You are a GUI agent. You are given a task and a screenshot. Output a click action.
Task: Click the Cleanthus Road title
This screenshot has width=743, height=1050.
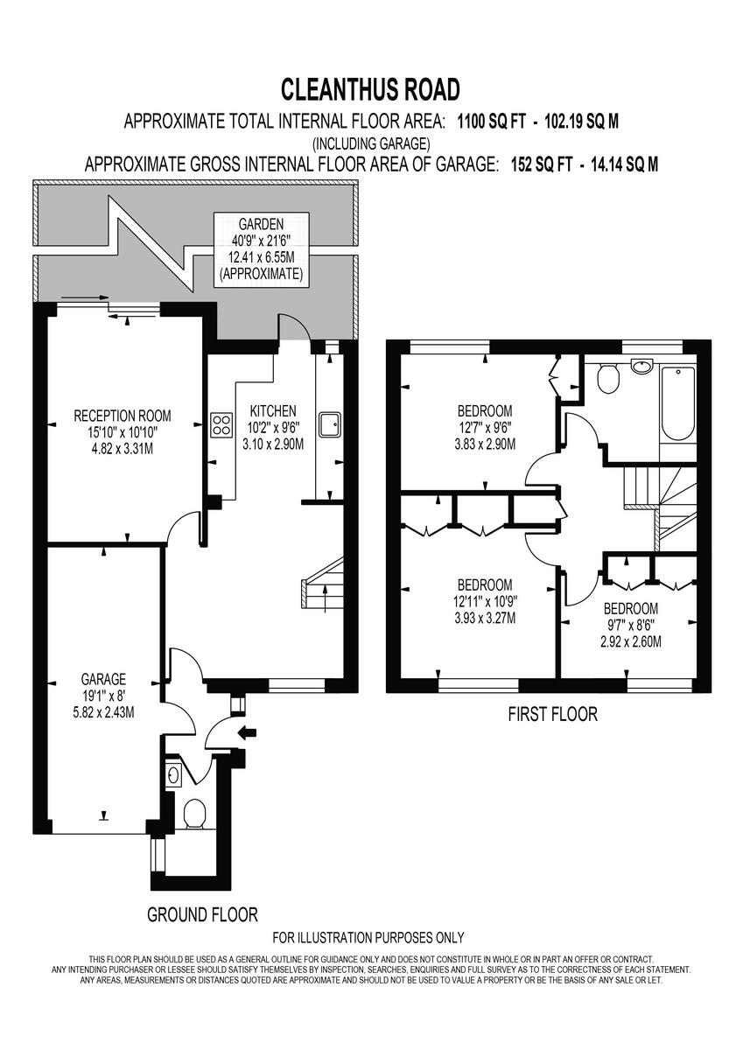[370, 90]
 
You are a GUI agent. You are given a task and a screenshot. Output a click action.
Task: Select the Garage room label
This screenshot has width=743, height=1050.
[103, 695]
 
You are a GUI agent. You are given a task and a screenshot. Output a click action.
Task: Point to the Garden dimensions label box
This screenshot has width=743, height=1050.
[260, 248]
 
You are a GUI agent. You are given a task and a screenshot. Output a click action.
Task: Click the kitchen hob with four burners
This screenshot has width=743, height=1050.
[220, 426]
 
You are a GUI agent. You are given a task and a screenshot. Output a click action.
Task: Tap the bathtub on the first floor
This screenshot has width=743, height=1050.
[678, 404]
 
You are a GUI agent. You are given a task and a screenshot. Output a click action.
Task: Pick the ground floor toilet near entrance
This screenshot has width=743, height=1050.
[194, 813]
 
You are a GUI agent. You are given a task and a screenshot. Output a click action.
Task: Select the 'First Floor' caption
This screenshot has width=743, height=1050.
[552, 715]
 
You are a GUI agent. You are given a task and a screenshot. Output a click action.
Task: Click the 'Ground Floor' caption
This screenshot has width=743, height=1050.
[202, 915]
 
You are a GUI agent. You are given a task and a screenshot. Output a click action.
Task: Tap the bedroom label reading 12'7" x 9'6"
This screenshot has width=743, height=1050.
[484, 427]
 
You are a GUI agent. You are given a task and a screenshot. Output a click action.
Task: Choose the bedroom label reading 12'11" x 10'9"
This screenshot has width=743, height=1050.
[484, 601]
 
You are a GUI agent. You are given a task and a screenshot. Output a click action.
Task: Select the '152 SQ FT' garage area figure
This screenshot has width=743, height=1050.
[543, 164]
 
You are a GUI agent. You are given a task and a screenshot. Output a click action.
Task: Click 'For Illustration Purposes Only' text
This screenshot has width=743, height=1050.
[368, 938]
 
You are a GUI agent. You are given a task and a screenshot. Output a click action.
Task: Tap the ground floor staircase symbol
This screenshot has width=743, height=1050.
[321, 594]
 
